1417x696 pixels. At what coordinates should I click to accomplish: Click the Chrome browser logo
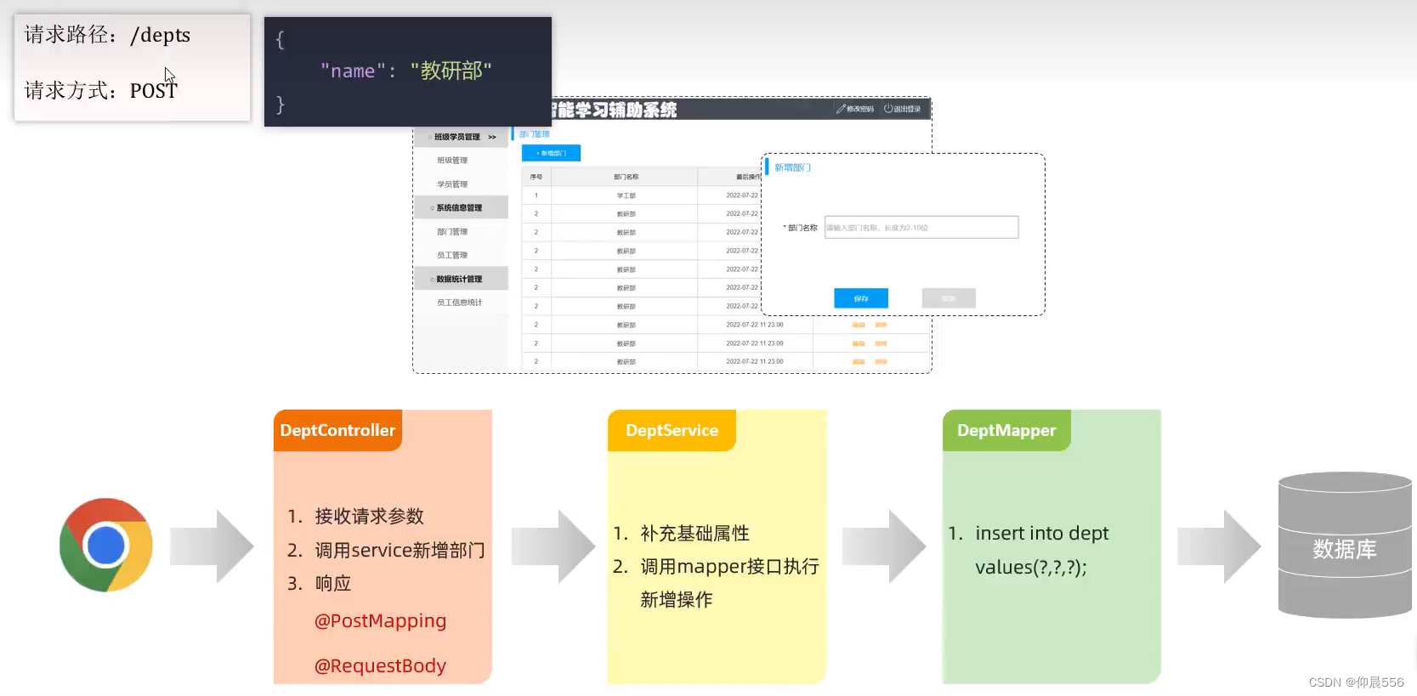(106, 546)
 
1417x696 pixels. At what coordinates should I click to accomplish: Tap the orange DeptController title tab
(337, 431)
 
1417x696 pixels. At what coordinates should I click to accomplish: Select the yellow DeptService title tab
(672, 431)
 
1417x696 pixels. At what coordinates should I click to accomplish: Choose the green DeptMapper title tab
(1006, 431)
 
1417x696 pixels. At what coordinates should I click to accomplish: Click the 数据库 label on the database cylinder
(1344, 549)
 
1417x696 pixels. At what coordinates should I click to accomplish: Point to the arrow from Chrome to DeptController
(213, 546)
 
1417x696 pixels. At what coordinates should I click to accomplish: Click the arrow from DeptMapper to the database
(1219, 546)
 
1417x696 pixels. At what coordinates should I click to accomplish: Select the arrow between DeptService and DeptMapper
(884, 546)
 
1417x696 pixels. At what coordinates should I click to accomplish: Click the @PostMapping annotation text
(380, 621)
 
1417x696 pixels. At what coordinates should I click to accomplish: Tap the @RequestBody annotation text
(380, 666)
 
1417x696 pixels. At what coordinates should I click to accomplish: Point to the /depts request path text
(160, 36)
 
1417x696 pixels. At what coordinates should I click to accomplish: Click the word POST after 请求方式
(153, 91)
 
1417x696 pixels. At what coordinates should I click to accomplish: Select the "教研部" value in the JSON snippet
(451, 71)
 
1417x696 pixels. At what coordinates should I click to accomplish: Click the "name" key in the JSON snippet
(353, 71)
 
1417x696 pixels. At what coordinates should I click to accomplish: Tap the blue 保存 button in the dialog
(860, 298)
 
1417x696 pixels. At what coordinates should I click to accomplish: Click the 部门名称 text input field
(921, 228)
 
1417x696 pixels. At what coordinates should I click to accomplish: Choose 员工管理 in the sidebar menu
(452, 255)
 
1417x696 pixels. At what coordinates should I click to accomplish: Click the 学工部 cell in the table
(626, 195)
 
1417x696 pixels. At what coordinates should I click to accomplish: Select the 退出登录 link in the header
(903, 109)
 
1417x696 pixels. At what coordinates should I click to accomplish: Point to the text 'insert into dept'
(1041, 534)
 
